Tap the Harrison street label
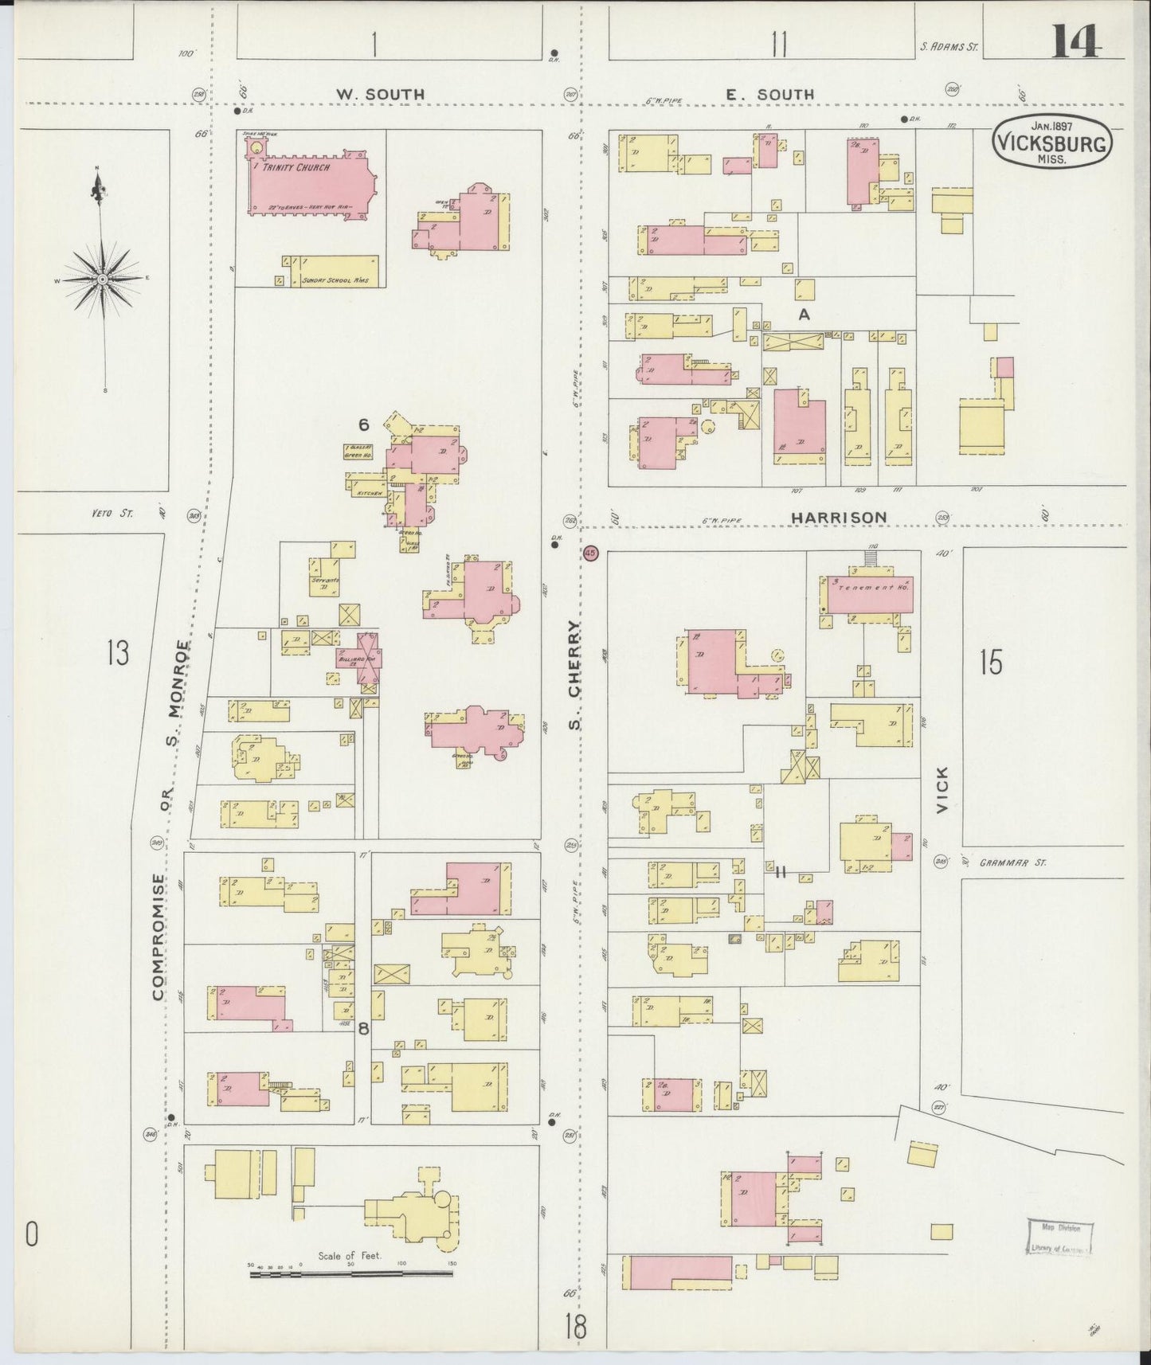[838, 518]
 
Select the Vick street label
[942, 789]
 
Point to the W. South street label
[379, 95]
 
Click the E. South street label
[769, 95]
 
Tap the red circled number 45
[590, 553]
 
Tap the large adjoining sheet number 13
[117, 653]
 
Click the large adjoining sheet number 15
[991, 663]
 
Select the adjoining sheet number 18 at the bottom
[575, 1328]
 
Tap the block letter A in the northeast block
[804, 315]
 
